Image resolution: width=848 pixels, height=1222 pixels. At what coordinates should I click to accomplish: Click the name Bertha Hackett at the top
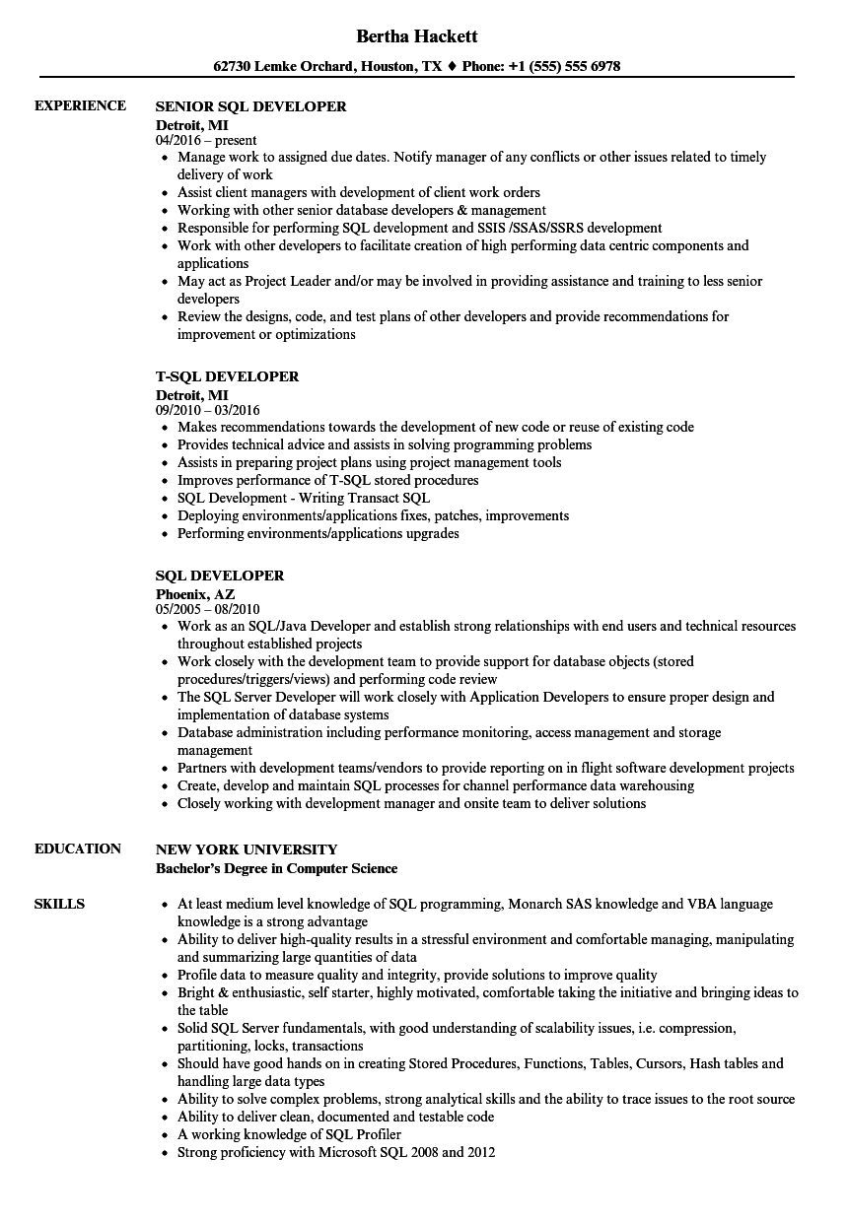click(418, 36)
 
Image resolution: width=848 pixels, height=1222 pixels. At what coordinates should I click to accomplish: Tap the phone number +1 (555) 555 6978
click(564, 67)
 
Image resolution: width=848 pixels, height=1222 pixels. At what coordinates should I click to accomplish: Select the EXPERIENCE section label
click(80, 105)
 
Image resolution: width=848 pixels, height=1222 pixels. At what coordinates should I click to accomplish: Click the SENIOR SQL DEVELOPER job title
click(251, 106)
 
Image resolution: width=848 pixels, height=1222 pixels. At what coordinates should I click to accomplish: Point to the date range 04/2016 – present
click(206, 140)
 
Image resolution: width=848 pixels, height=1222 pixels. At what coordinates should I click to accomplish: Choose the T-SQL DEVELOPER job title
click(227, 376)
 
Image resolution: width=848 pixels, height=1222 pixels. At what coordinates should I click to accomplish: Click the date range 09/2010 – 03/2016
click(208, 410)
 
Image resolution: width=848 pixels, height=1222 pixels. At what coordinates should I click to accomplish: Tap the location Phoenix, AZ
click(195, 594)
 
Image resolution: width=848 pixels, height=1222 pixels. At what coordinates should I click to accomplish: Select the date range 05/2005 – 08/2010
click(208, 609)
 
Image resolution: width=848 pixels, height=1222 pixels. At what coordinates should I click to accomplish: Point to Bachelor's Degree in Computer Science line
click(277, 868)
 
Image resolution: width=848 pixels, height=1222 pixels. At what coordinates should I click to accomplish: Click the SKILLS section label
click(59, 904)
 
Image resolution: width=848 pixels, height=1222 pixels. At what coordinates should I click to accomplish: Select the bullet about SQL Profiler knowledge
click(289, 1134)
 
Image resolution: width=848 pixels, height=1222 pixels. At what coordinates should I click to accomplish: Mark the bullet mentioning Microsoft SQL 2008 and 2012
click(335, 1152)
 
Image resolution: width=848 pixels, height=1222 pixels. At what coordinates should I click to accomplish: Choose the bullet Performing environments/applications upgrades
click(318, 533)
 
